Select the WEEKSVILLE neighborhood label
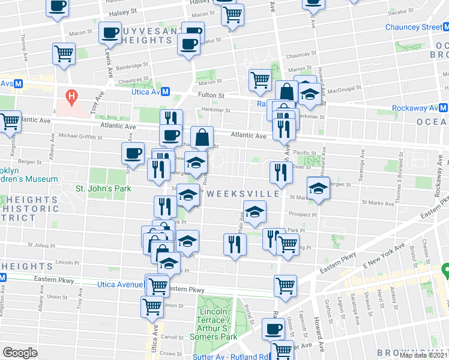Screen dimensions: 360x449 243,194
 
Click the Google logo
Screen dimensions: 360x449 20,353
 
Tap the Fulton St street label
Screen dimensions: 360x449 211,95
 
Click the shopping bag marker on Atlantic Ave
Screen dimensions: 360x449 203,137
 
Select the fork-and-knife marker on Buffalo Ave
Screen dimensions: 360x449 235,244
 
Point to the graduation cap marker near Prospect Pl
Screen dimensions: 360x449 255,211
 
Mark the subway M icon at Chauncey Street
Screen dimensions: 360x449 444,27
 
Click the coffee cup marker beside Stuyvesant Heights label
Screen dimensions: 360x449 110,34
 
